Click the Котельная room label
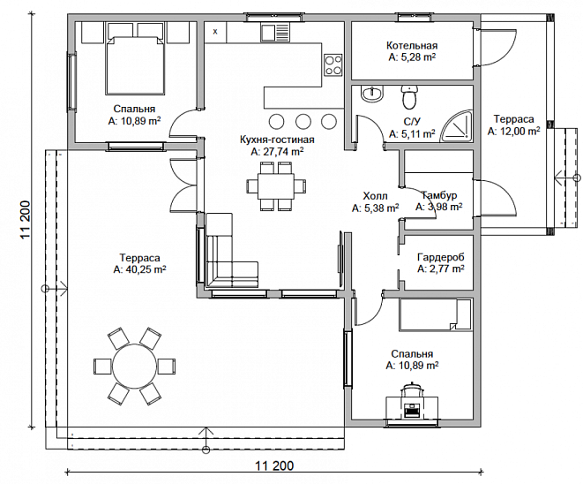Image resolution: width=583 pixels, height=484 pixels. click(412, 45)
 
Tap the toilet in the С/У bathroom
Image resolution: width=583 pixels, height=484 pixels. click(410, 97)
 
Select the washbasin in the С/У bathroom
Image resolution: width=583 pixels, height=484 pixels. click(372, 94)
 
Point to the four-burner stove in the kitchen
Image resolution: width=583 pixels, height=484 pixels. click(333, 65)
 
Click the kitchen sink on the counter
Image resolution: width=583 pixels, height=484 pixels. click(275, 33)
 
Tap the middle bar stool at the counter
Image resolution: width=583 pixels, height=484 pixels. click(303, 121)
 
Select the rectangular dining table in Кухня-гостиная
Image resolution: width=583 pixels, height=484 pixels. click(276, 185)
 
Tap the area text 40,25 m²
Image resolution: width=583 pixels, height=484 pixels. click(140, 269)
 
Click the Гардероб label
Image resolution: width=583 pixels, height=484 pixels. click(441, 257)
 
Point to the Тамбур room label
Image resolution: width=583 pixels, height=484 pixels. click(439, 195)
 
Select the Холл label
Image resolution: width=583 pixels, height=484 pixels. click(375, 196)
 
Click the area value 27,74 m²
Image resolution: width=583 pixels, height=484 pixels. click(277, 152)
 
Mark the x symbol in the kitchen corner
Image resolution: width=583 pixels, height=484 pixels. click(215, 32)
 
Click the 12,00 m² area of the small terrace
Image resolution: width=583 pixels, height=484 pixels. click(514, 132)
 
